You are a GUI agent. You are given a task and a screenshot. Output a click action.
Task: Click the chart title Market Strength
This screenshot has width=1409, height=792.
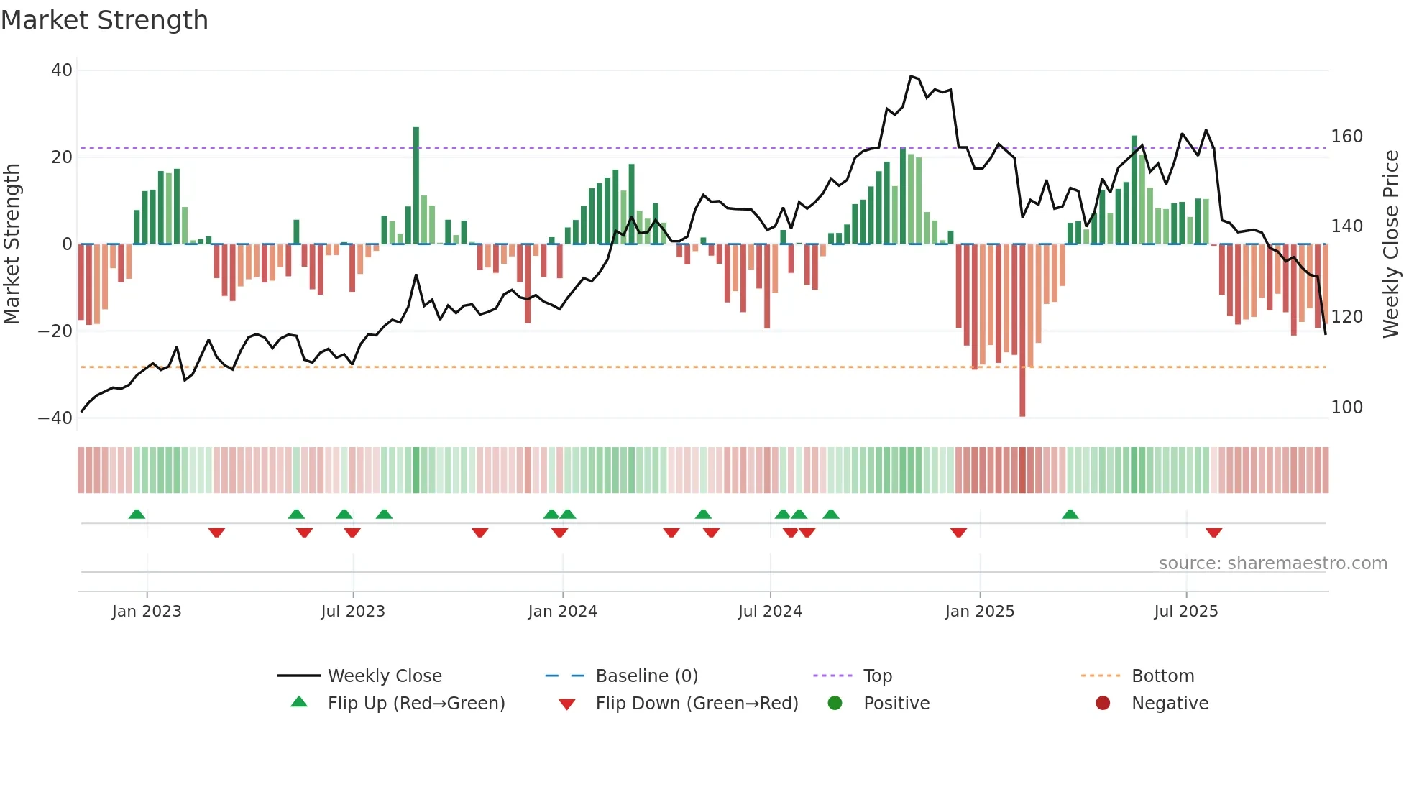104,20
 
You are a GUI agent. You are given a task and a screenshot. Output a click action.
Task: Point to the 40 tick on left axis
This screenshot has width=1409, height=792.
62,70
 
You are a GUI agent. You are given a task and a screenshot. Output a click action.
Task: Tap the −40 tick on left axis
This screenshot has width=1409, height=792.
55,418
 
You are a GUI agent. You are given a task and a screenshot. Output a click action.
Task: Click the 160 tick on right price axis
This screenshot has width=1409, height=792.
1346,137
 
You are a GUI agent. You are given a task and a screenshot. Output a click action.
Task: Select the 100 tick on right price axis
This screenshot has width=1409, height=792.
1346,407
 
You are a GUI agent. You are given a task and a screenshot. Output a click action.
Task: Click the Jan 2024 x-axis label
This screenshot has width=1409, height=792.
562,612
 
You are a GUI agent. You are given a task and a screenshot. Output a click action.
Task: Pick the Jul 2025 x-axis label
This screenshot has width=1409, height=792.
1185,612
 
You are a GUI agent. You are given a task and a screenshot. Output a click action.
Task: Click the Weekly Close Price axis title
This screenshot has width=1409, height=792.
1391,244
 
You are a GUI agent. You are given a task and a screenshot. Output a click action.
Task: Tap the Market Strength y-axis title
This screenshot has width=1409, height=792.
12,244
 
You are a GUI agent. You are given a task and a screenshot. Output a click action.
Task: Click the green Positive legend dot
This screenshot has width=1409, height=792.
835,703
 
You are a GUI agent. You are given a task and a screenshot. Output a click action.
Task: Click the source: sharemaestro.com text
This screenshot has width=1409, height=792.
1272,563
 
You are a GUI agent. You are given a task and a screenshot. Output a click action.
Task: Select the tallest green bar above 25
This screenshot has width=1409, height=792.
416,185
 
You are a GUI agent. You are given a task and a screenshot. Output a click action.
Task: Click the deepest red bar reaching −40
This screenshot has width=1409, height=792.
1022,331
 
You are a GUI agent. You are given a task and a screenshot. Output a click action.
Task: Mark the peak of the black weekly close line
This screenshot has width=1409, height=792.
911,75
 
